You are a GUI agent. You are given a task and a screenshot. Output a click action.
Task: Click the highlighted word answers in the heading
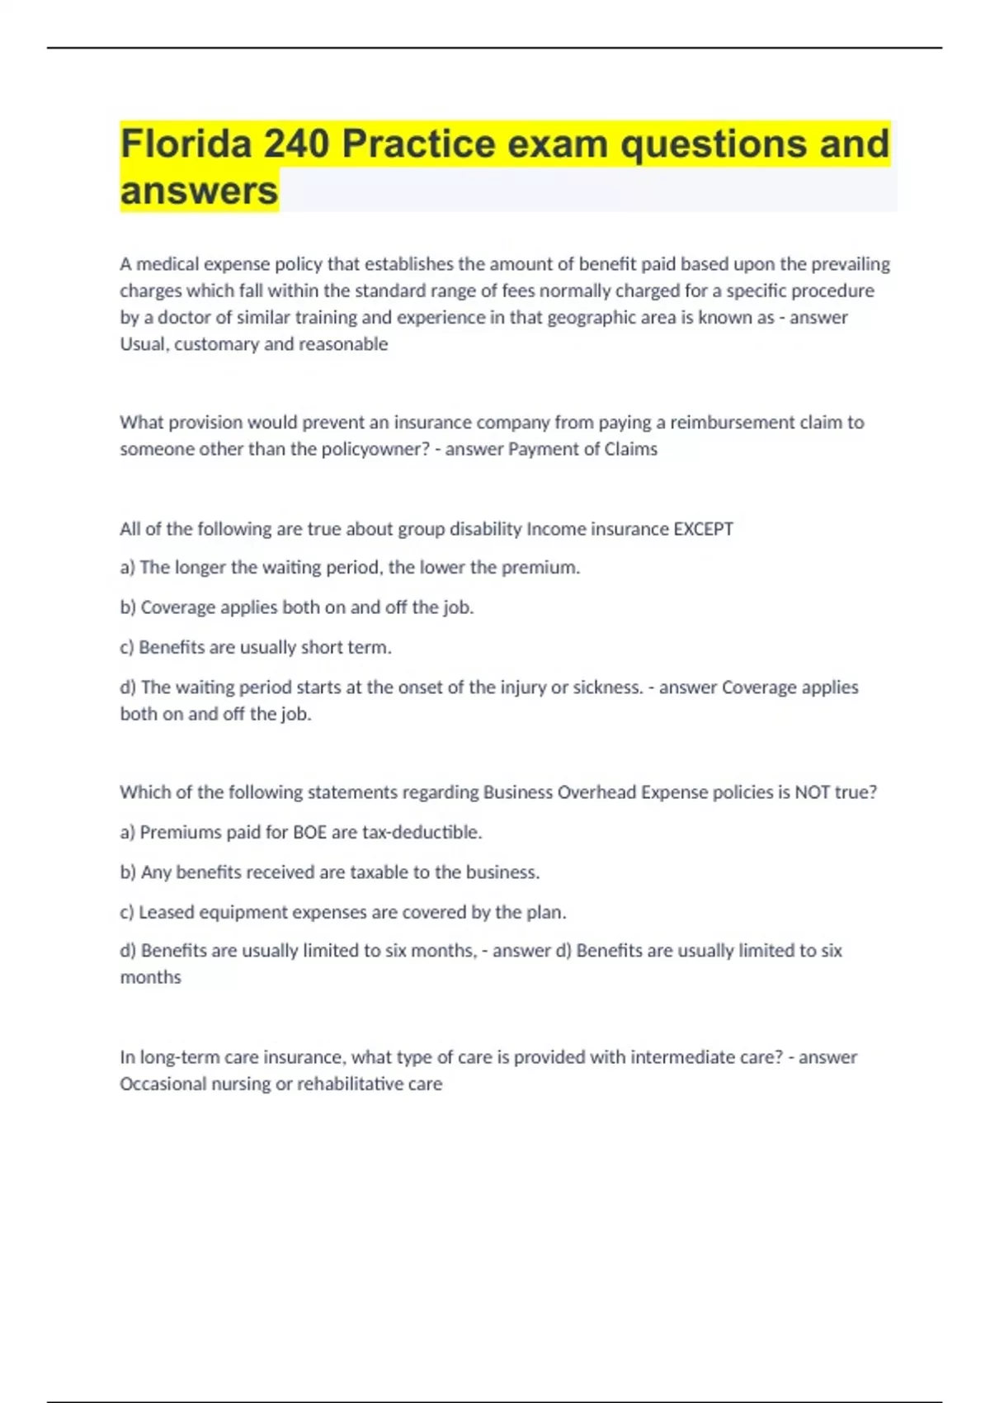(x=199, y=191)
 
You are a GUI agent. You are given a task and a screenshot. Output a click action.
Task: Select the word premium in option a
(x=546, y=568)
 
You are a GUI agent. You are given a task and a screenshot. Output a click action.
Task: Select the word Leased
(x=166, y=912)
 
